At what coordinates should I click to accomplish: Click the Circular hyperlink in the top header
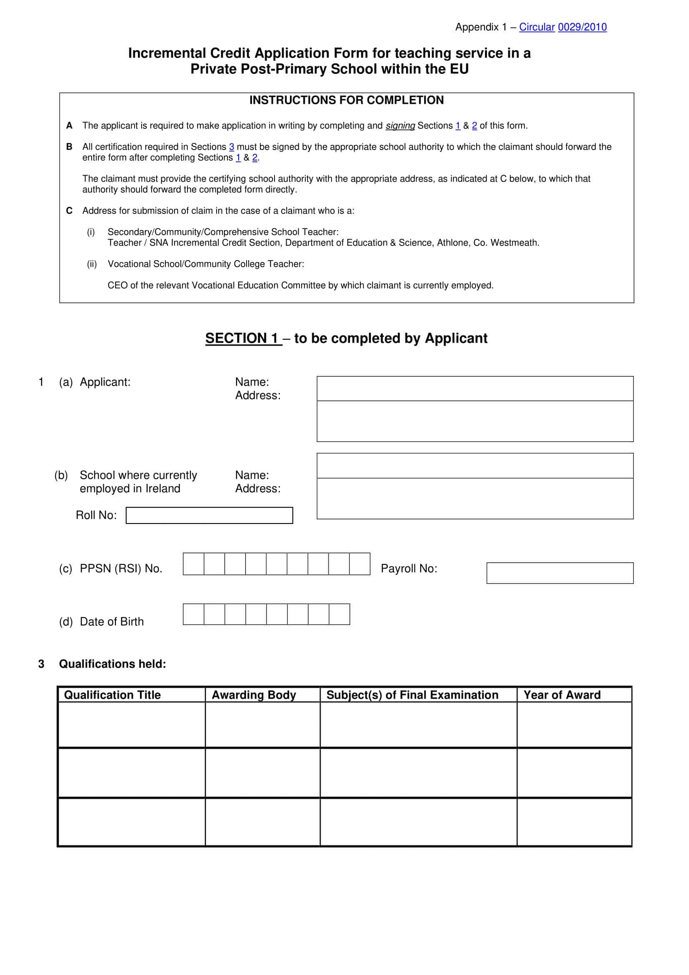pos(537,27)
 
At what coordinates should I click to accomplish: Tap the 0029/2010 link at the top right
pos(582,27)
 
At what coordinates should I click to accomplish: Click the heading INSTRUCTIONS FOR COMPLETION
pos(346,100)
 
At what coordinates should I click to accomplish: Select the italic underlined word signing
pos(399,126)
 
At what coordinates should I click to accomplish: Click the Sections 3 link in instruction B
pos(231,147)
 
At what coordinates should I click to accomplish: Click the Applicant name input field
pos(475,388)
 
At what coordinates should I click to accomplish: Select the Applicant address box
pos(475,421)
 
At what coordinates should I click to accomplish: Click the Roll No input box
pos(209,516)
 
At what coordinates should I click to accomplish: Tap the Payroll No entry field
pos(559,573)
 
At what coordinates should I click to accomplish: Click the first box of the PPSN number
pos(193,564)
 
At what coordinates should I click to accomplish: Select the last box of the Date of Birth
pos(340,614)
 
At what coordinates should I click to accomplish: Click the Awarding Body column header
pos(254,695)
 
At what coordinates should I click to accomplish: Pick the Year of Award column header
pos(562,695)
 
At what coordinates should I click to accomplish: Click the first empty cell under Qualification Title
pos(132,725)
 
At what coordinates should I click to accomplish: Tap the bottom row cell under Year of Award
pos(574,822)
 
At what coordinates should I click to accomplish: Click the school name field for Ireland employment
pos(475,466)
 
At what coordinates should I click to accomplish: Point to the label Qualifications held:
pos(112,664)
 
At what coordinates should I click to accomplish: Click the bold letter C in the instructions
pos(69,211)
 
